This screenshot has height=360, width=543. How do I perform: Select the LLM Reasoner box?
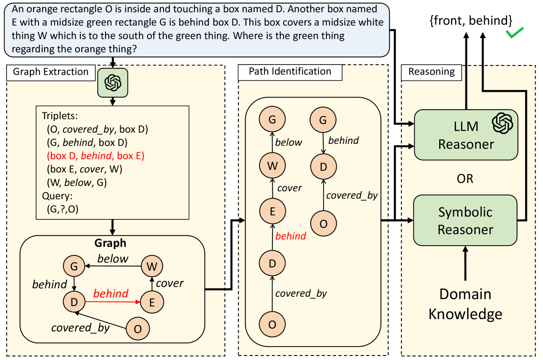(x=466, y=135)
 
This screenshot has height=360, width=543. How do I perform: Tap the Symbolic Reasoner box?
(x=466, y=220)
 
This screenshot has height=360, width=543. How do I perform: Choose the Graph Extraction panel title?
(x=51, y=72)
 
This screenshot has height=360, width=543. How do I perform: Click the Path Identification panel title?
(x=290, y=72)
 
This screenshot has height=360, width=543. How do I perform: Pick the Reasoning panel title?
(x=431, y=72)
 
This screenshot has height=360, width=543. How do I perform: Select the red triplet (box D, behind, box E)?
(x=96, y=156)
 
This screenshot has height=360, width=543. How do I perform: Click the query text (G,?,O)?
(x=63, y=208)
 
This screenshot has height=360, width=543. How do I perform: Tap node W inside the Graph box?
(x=152, y=266)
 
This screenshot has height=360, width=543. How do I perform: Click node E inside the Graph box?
(x=152, y=302)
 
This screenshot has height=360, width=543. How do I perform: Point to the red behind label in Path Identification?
(x=291, y=236)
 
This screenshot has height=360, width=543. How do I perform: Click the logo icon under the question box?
(x=113, y=83)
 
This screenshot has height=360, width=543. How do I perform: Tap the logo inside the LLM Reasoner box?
(x=502, y=123)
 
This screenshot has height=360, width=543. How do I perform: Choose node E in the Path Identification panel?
(x=273, y=211)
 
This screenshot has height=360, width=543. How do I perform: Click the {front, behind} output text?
(x=471, y=21)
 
